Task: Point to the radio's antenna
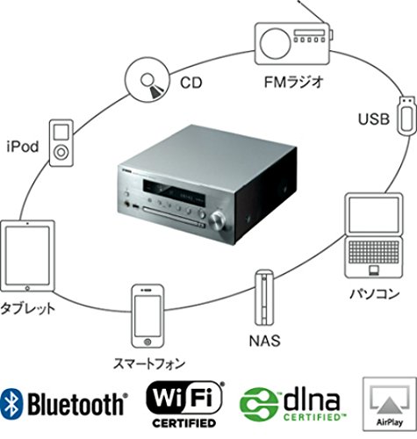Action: click(x=315, y=11)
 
